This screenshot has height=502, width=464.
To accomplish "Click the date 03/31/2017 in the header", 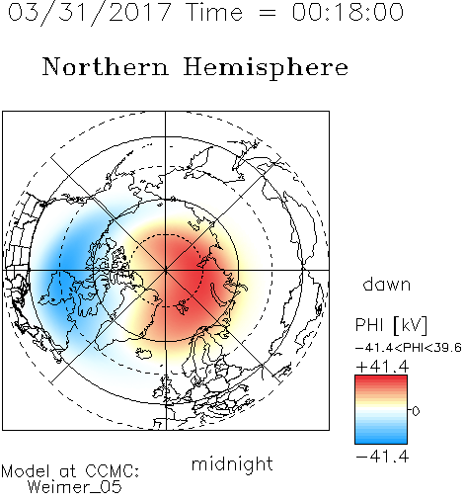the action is pyautogui.click(x=89, y=13).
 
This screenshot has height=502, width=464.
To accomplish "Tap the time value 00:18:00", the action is pyautogui.click(x=348, y=12).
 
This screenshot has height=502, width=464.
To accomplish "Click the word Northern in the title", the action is pyautogui.click(x=106, y=67).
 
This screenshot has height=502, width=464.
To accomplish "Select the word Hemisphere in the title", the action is pyautogui.click(x=266, y=68).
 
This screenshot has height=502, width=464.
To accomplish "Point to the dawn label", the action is pyautogui.click(x=387, y=285).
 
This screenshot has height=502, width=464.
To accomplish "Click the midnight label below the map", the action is pyautogui.click(x=232, y=465).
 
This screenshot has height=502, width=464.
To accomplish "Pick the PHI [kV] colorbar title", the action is pyautogui.click(x=391, y=325).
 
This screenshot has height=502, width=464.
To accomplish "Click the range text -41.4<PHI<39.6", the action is pyautogui.click(x=409, y=348).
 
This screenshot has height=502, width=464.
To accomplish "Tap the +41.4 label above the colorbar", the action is pyautogui.click(x=382, y=367).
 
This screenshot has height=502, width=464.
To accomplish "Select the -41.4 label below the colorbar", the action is pyautogui.click(x=382, y=457).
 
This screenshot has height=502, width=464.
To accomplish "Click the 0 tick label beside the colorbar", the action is pyautogui.click(x=416, y=411).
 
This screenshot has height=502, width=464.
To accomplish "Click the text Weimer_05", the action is pyautogui.click(x=75, y=487).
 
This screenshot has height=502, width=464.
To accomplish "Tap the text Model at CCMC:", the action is pyautogui.click(x=70, y=471).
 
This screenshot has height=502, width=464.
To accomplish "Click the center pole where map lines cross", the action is pyautogui.click(x=166, y=270).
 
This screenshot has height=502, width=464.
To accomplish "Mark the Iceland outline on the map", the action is pyautogui.click(x=143, y=354).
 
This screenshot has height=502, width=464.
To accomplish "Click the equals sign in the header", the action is pyautogui.click(x=268, y=13).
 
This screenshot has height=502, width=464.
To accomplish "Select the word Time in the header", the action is pyautogui.click(x=214, y=12).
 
